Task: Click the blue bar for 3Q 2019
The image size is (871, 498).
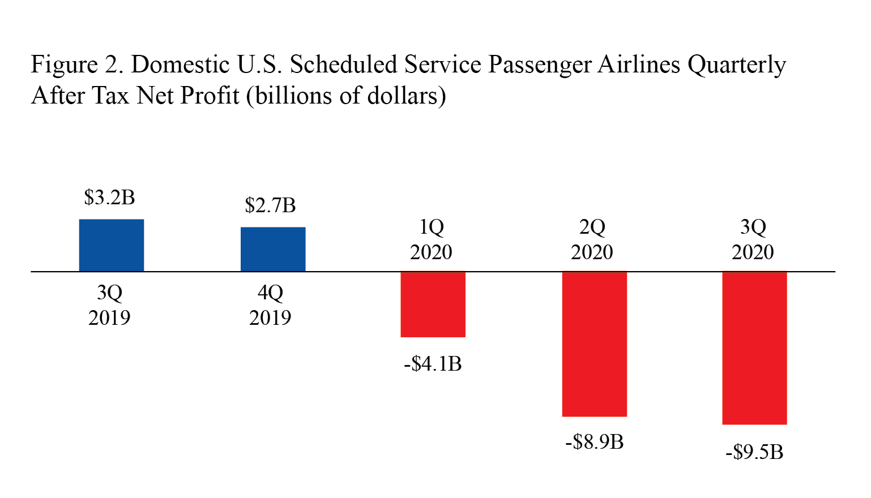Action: tap(111, 245)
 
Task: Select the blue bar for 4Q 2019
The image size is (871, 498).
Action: tap(273, 249)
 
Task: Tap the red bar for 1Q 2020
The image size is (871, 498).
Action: tap(433, 304)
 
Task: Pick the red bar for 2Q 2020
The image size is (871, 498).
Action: tap(594, 344)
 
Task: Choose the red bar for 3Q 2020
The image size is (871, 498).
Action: tap(754, 348)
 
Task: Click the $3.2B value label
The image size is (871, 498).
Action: tap(109, 198)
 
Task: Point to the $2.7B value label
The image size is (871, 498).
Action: tap(270, 205)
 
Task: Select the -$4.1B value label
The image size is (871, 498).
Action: tap(433, 364)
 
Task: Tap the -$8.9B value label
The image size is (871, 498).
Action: tap(594, 442)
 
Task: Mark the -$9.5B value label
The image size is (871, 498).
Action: tap(754, 453)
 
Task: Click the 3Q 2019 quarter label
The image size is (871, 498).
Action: tap(109, 305)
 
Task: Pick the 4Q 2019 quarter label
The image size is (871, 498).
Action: tap(270, 305)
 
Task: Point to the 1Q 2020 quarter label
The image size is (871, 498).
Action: tap(431, 239)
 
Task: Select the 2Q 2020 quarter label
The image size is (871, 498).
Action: tap(592, 239)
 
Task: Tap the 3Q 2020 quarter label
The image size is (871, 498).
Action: tap(753, 239)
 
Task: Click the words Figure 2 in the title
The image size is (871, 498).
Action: tap(77, 65)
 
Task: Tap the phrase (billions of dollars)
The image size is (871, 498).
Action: tap(346, 96)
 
